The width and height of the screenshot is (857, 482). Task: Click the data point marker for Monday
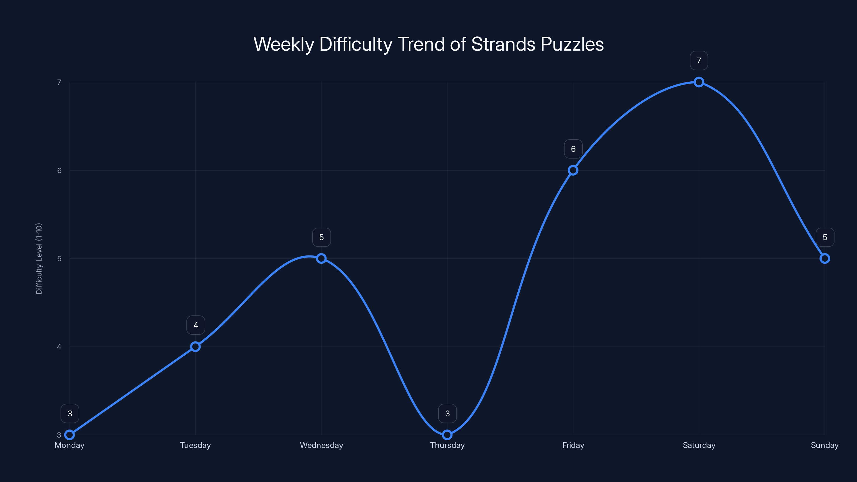click(x=70, y=435)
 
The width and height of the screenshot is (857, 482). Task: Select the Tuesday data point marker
click(x=195, y=347)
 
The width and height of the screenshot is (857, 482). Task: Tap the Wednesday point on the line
click(x=321, y=258)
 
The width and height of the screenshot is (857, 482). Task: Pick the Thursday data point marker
click(x=447, y=435)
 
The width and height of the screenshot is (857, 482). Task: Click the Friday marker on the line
click(x=573, y=170)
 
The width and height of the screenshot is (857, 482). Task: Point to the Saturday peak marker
click(x=699, y=82)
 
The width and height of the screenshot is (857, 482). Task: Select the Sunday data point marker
click(x=825, y=258)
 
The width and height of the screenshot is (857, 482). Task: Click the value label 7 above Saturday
click(x=699, y=61)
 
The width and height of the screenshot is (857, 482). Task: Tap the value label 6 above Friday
click(x=573, y=149)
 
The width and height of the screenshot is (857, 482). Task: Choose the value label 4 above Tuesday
click(x=196, y=325)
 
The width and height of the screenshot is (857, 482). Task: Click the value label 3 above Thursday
click(x=448, y=413)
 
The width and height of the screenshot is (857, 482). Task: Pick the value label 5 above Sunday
click(x=825, y=237)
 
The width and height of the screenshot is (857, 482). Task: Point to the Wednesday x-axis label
click(x=321, y=445)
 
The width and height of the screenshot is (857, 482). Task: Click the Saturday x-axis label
click(x=699, y=445)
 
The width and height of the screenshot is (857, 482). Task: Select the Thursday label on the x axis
click(x=447, y=445)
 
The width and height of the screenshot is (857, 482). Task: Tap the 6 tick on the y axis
click(x=59, y=170)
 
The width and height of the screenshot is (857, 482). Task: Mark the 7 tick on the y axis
click(x=59, y=82)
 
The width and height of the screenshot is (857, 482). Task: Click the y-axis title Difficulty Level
click(x=39, y=258)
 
